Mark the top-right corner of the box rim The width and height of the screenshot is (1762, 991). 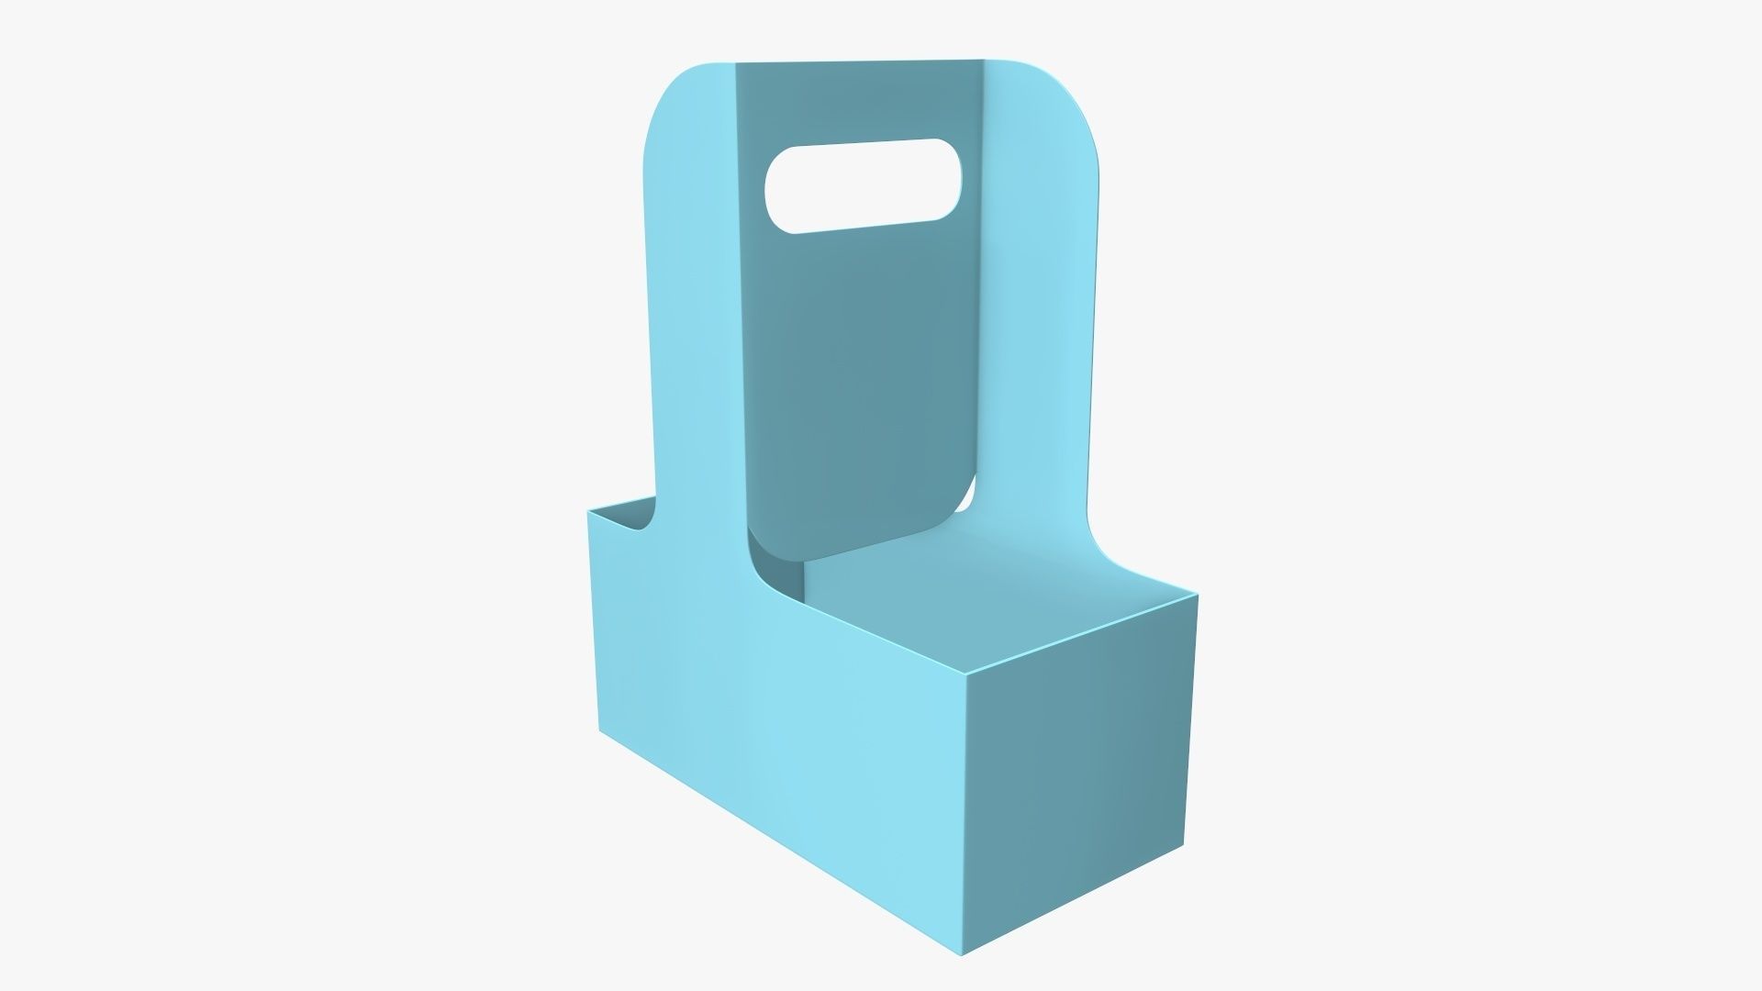tap(1197, 596)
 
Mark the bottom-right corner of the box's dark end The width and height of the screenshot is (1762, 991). tap(1184, 846)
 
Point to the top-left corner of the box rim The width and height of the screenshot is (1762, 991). tap(589, 509)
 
